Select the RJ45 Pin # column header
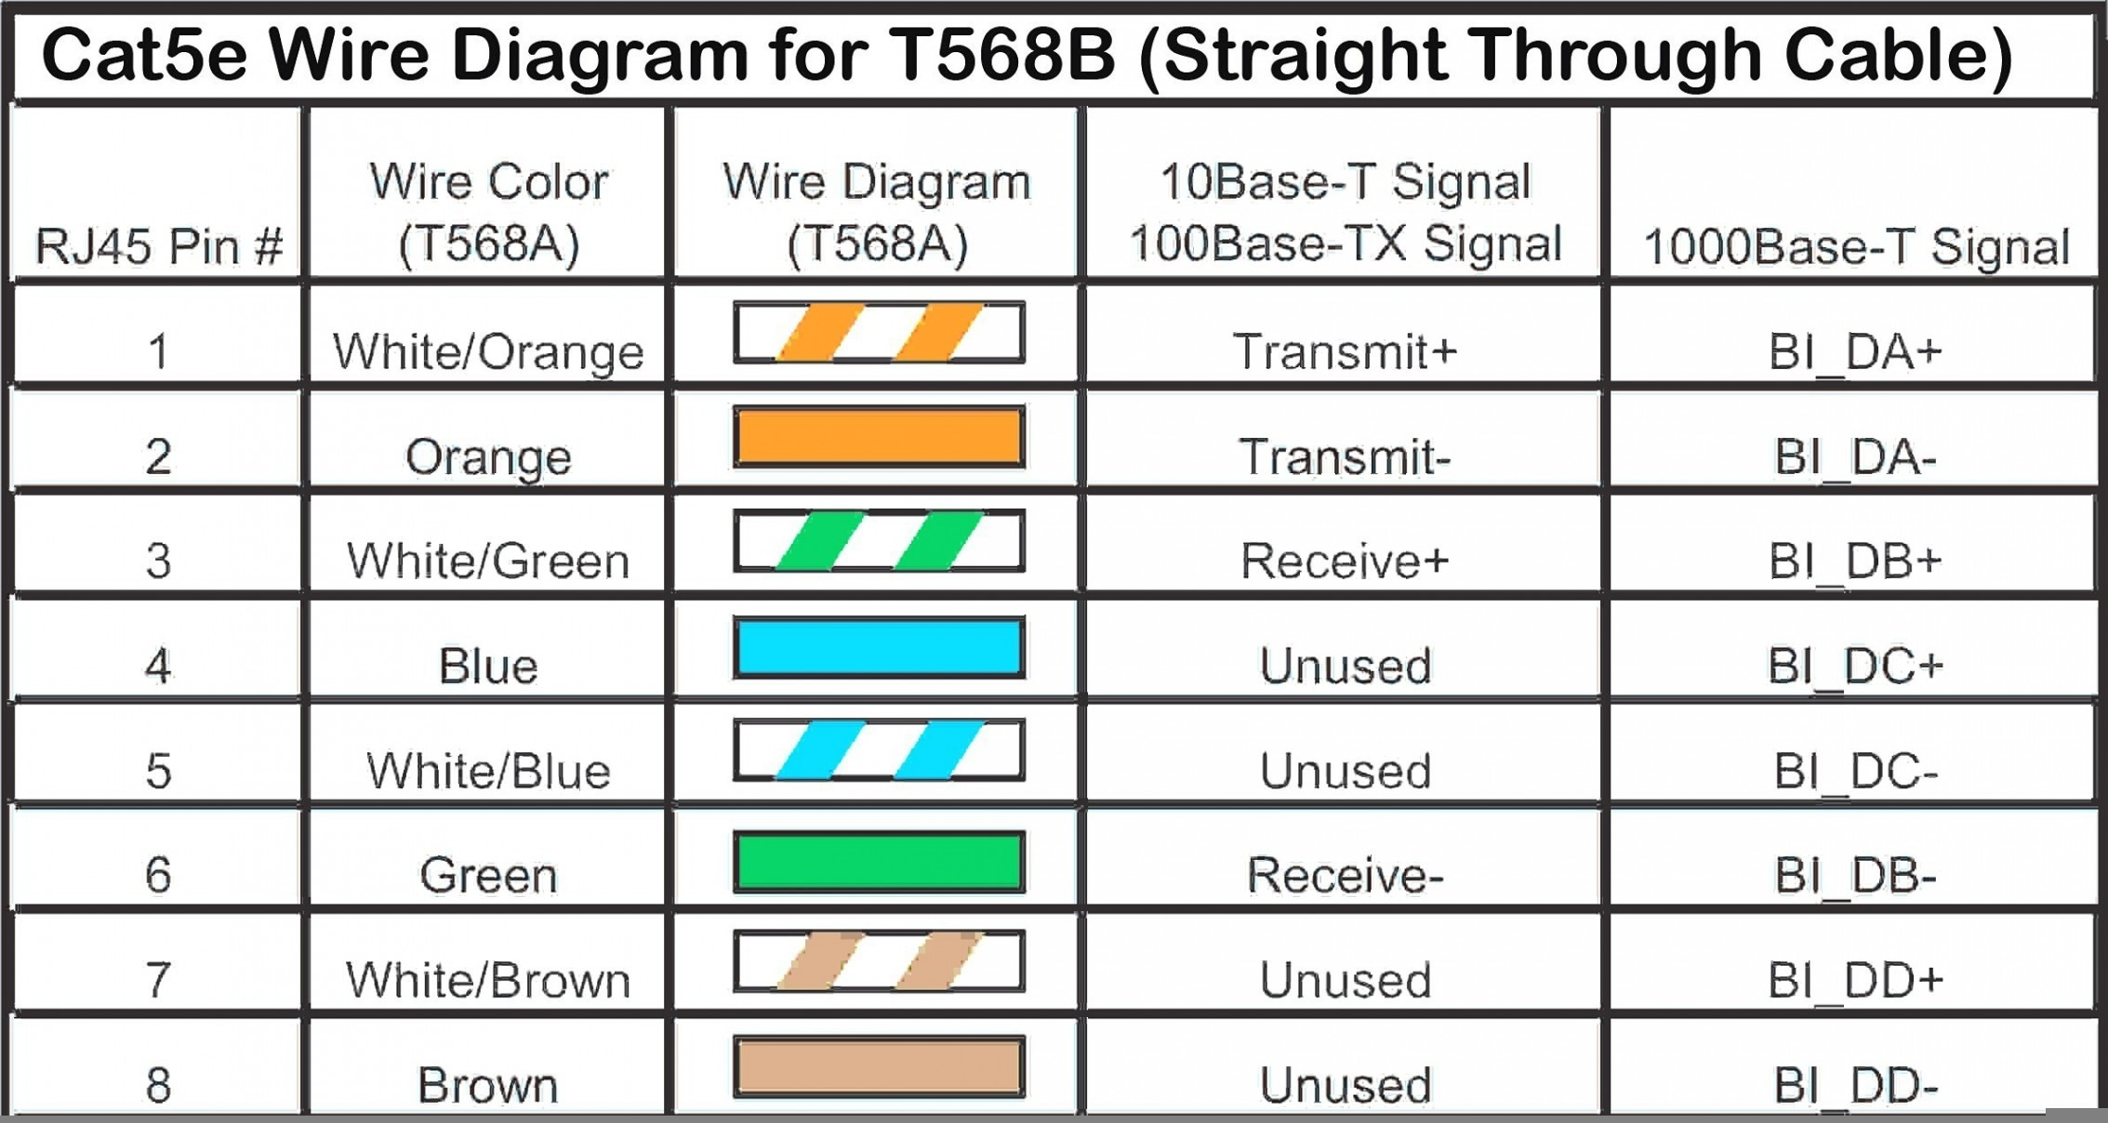tap(159, 246)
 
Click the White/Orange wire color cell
tap(488, 352)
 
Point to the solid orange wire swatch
tap(879, 436)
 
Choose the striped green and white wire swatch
tap(879, 541)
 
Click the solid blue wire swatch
tap(879, 647)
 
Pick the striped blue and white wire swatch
tap(879, 750)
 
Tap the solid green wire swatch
tap(879, 862)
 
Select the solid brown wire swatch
tap(879, 1066)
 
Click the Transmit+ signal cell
tap(1345, 351)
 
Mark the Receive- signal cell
tap(1345, 876)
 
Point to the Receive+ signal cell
tap(1345, 561)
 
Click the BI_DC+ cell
tap(1856, 667)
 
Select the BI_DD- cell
tap(1856, 1086)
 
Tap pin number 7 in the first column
tap(159, 981)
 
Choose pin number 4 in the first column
tap(159, 667)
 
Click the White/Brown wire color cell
tap(488, 981)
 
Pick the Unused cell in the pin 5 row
tap(1345, 772)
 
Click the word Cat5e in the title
tap(145, 54)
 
